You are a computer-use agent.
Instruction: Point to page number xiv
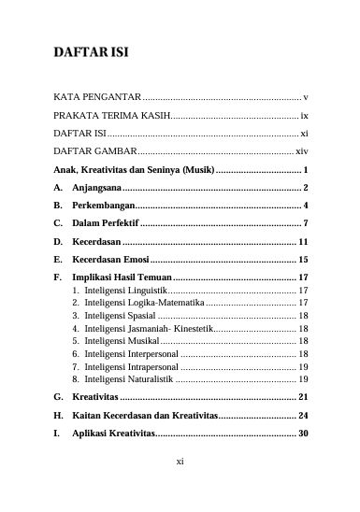(301, 151)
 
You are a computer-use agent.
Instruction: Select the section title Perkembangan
(110, 206)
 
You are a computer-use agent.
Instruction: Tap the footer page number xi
(180, 462)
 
